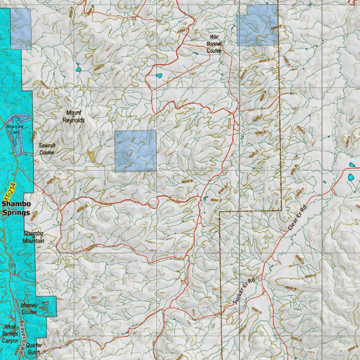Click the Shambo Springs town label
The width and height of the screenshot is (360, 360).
point(16,208)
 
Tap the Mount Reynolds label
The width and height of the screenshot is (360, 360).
point(73,116)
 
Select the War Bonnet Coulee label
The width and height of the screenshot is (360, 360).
point(214,44)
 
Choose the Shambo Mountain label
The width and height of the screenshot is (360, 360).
point(34,237)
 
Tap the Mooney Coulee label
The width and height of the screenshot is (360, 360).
point(29,309)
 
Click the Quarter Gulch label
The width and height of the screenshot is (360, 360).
point(34,348)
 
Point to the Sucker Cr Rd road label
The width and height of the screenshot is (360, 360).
point(243,291)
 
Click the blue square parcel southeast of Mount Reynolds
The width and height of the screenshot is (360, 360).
point(135,151)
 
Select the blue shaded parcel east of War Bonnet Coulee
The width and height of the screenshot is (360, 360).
point(258,26)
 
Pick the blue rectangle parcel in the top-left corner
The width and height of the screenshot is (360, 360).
point(20,28)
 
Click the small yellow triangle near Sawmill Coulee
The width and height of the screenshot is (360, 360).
point(92,156)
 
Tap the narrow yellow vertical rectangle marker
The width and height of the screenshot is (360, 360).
point(229,123)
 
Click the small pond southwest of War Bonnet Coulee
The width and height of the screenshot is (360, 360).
point(159,76)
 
